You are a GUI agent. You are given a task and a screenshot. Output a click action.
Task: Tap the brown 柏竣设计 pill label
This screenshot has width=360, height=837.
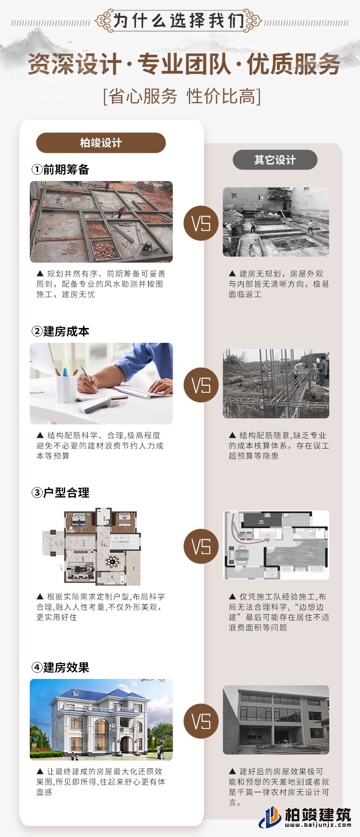pos(101,143)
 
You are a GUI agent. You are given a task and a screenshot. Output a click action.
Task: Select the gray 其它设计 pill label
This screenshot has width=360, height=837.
pos(275,160)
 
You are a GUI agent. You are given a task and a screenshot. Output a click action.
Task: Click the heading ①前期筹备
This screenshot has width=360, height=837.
pos(60,170)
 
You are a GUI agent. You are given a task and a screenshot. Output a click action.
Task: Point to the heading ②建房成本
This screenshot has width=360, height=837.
pos(60,331)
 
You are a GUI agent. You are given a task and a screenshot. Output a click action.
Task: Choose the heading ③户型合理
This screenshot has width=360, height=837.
pos(60,493)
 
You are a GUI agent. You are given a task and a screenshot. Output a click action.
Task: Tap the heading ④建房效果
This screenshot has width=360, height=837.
pos(60,667)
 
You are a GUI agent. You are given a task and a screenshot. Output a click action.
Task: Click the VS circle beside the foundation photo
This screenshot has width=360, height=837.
pos(201,223)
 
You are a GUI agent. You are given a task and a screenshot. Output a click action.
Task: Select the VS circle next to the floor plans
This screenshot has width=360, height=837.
pos(201,546)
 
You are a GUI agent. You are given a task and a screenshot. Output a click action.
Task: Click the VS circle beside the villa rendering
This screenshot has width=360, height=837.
pos(201,721)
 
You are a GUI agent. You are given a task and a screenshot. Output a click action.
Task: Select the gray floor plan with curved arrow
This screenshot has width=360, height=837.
pos(276,545)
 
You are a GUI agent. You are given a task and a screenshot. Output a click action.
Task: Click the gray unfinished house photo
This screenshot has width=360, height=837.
pos(276,719)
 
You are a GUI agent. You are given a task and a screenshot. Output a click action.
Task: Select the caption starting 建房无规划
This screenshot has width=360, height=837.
pos(278,284)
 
